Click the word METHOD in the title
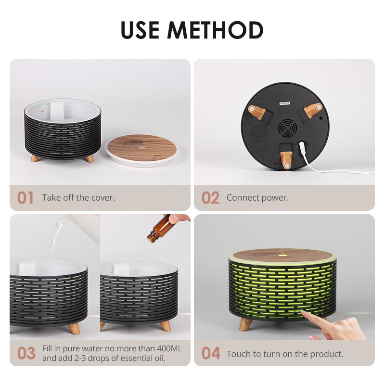coord(216,30)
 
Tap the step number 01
coord(26,198)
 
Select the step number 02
coord(210,198)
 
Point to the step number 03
coord(26,353)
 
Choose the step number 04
coord(211,353)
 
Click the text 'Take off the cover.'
coord(78,198)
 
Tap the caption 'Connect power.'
coord(257,198)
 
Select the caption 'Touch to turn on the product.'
coord(285,354)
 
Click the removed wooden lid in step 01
coord(142,150)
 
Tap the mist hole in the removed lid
coord(141,148)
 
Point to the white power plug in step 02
coord(301,148)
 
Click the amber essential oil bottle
coord(158,229)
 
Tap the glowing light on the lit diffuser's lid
coord(282,256)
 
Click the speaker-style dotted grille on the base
coord(259,133)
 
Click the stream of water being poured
coord(55,242)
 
